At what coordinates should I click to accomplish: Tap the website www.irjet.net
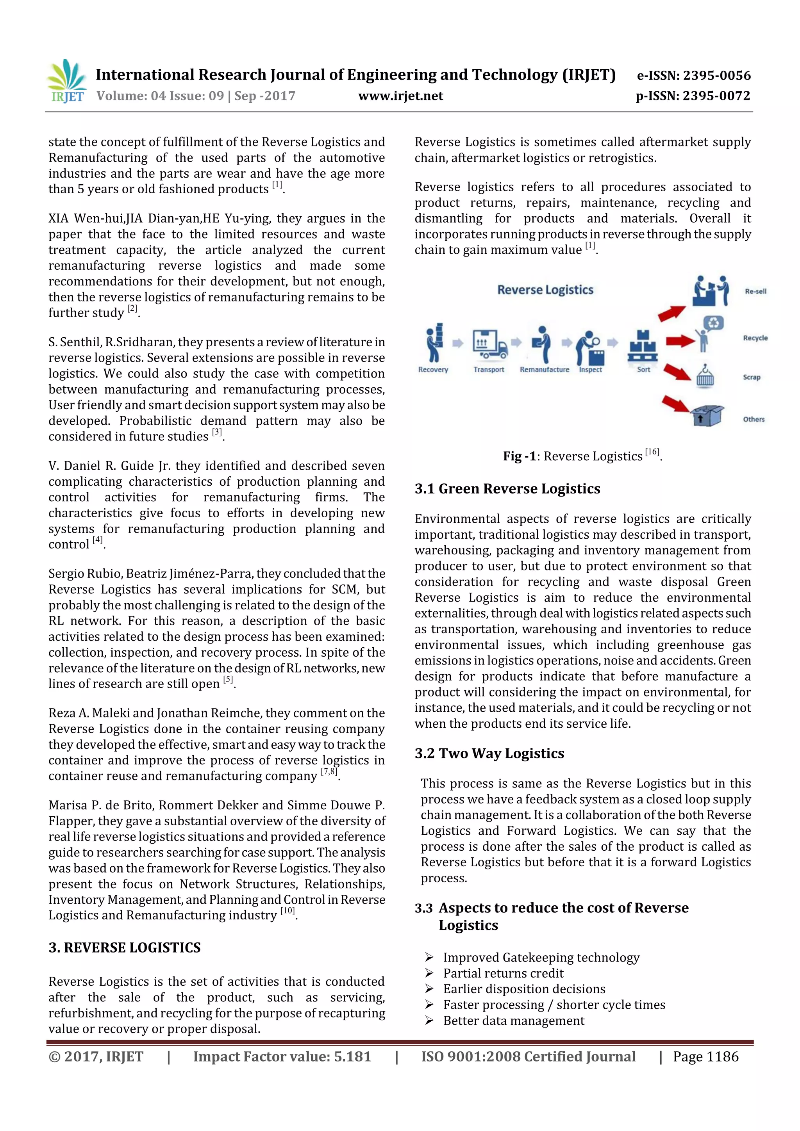(x=400, y=96)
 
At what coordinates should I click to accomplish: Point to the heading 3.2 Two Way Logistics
(x=489, y=753)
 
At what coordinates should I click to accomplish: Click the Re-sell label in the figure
(x=755, y=291)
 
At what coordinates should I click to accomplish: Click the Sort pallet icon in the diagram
(x=642, y=347)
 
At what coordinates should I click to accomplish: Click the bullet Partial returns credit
(x=503, y=973)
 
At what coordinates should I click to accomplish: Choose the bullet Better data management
(x=513, y=1020)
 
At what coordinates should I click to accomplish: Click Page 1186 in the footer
(x=705, y=1056)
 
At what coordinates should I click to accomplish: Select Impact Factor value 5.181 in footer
(x=282, y=1056)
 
